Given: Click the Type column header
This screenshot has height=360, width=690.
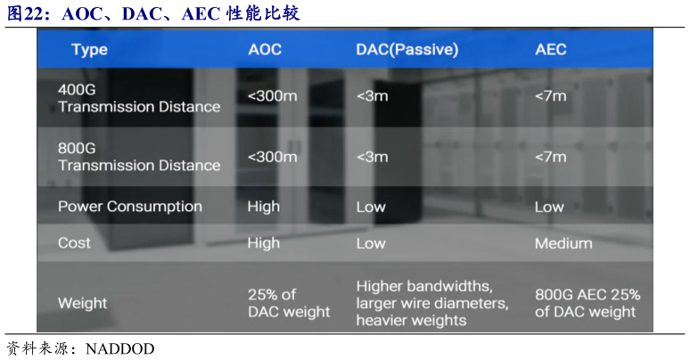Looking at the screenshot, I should (x=89, y=49).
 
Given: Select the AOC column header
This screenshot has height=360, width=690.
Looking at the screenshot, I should (x=265, y=49).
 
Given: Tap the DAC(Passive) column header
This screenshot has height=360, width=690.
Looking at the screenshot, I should (x=407, y=49).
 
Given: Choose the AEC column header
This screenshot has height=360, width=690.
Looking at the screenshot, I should (x=551, y=49).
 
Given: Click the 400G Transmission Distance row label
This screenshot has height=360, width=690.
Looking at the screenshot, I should (x=138, y=98).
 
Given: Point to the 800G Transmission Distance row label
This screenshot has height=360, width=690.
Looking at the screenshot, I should (x=138, y=157).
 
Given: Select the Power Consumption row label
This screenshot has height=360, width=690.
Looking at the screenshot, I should (x=129, y=207).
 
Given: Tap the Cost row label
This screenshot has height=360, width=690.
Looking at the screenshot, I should (x=74, y=242).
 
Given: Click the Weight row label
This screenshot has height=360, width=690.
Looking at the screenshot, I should (x=82, y=303).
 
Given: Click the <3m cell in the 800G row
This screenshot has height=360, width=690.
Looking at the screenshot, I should (x=372, y=157).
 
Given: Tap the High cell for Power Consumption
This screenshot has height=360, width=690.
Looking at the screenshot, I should (x=263, y=207).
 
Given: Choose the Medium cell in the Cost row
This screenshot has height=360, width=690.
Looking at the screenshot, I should (x=563, y=243).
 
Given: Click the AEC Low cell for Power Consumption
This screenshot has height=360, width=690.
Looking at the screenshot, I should (x=549, y=207).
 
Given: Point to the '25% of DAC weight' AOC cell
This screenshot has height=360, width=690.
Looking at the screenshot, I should (x=288, y=303).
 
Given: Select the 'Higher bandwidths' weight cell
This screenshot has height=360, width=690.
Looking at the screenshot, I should (x=432, y=303).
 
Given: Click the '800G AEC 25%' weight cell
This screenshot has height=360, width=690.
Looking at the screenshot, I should (x=587, y=303).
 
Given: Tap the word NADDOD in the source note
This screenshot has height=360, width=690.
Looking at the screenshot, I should (x=119, y=348).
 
